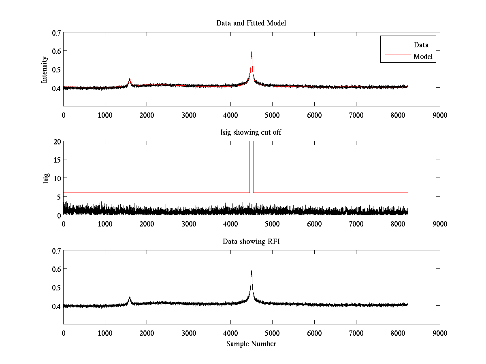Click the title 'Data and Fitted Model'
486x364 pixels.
251,23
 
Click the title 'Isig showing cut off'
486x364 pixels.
251,132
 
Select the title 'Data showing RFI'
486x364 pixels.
251,241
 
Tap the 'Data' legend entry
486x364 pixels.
421,45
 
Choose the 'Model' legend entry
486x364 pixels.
423,57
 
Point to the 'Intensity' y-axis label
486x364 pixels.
45,69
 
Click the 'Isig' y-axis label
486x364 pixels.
46,178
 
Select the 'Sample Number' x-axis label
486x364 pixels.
251,344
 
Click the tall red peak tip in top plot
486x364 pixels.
252,52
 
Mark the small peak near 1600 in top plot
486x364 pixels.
130,79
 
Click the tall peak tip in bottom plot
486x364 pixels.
252,271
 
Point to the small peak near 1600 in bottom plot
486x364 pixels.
130,297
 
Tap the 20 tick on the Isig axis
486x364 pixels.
56,142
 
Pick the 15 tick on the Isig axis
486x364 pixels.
56,160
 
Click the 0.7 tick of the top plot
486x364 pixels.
56,32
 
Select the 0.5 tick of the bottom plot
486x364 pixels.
56,287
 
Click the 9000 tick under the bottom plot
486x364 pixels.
440,333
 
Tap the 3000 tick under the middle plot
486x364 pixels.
189,224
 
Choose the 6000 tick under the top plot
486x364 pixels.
314,115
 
